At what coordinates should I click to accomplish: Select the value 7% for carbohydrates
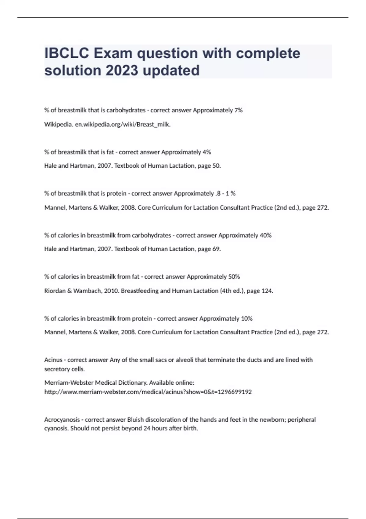pos(238,110)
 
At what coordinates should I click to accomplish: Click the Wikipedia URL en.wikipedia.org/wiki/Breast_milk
pos(123,125)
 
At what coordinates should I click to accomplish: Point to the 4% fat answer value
pos(207,152)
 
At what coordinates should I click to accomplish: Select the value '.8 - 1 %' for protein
pos(225,194)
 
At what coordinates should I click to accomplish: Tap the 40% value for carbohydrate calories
pos(265,235)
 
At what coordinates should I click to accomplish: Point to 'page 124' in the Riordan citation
pos(260,291)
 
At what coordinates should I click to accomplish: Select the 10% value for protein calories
pos(246,319)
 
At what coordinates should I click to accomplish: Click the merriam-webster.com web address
pos(148,392)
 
